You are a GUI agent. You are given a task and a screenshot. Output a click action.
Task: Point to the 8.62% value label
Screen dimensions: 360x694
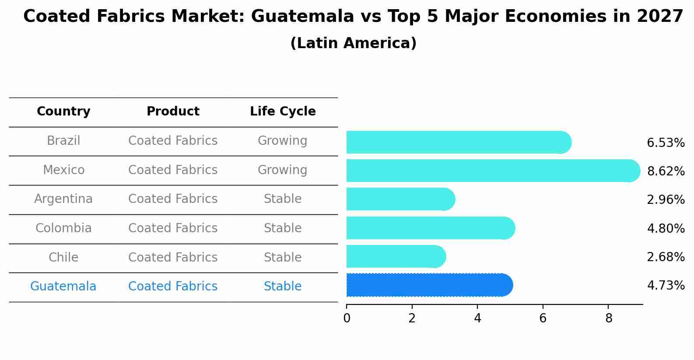tap(666, 171)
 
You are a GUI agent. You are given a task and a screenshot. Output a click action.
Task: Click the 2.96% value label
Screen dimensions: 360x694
tap(666, 200)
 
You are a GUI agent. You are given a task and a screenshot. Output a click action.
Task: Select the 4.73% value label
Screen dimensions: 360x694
tap(666, 286)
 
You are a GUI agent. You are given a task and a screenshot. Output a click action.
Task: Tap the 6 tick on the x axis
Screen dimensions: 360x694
tap(543, 318)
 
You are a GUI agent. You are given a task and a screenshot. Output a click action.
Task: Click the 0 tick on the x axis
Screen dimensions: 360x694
tap(347, 318)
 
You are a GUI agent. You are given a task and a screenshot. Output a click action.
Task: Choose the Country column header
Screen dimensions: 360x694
tap(63, 112)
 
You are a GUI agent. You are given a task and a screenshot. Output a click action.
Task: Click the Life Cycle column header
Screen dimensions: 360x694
tap(283, 112)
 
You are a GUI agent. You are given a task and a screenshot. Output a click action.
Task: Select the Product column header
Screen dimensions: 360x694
tap(173, 112)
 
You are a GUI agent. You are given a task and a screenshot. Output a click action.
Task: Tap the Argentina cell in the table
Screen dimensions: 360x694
tap(63, 199)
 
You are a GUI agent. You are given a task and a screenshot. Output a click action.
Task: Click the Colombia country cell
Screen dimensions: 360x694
tap(63, 228)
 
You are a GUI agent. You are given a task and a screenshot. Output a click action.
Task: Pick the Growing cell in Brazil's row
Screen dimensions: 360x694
tap(282, 141)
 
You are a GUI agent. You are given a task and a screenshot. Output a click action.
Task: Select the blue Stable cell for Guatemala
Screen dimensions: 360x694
tap(282, 287)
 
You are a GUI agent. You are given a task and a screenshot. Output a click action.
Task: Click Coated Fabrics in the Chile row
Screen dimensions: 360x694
tap(173, 257)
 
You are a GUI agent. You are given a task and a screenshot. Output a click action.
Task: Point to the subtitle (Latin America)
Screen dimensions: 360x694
tap(353, 43)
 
